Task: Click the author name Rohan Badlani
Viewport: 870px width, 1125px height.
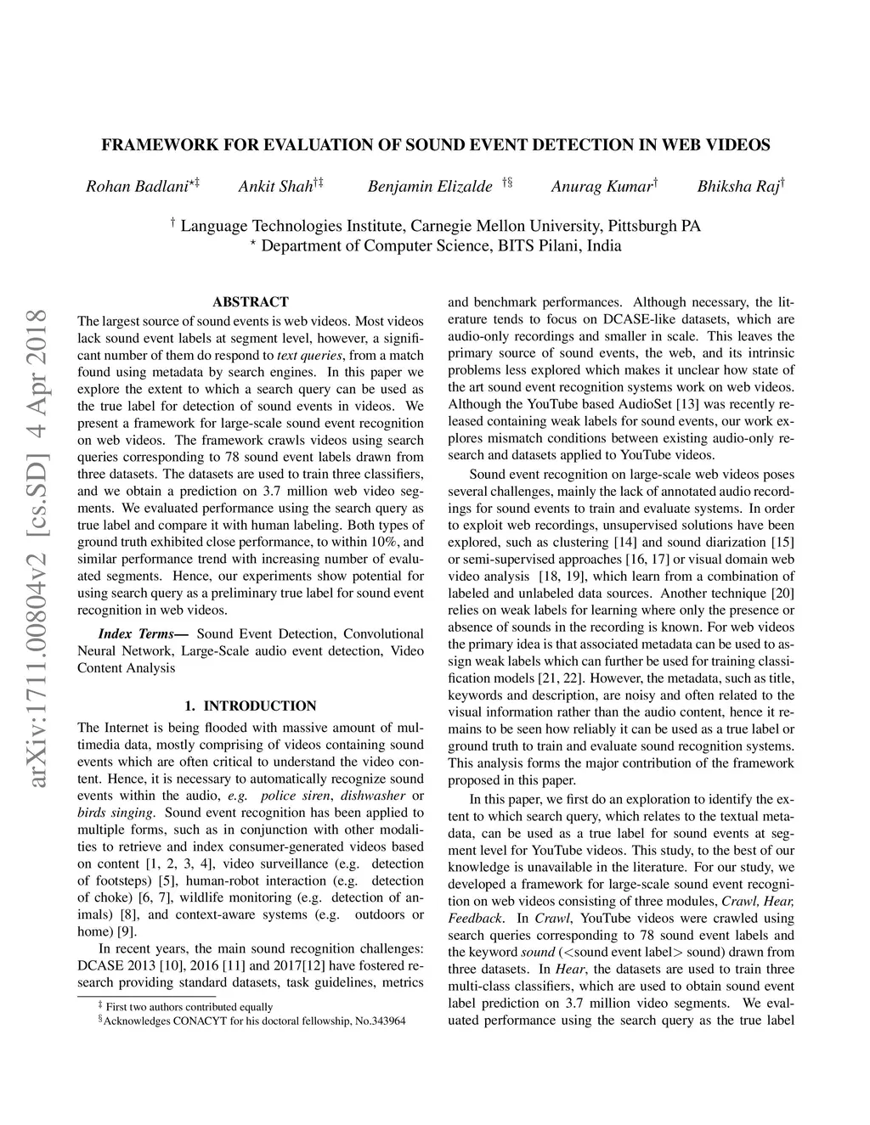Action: (136, 187)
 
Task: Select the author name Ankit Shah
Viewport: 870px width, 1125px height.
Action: (275, 187)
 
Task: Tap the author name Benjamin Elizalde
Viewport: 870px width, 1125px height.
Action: (430, 187)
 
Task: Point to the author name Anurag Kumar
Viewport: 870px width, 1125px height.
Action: (601, 187)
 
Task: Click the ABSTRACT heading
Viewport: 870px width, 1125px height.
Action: (251, 301)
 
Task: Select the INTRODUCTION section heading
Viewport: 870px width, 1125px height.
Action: (259, 706)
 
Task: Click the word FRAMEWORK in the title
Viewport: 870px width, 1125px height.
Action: (156, 145)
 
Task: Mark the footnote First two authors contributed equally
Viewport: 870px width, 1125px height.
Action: (189, 1007)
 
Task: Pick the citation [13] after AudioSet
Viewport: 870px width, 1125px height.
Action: (687, 404)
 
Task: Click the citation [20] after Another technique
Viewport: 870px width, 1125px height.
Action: (782, 593)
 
